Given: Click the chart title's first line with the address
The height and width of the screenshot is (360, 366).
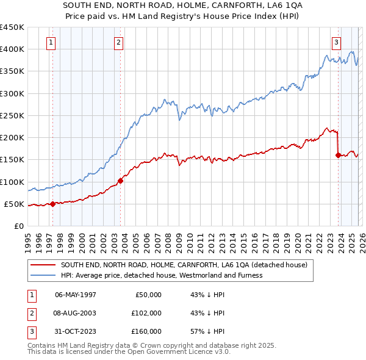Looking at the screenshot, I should (182, 4).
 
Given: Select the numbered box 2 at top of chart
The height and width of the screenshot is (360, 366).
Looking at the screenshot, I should (118, 42).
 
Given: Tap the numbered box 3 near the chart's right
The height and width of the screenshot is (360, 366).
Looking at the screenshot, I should (336, 42).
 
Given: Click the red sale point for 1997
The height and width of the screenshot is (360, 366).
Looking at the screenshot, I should (52, 204).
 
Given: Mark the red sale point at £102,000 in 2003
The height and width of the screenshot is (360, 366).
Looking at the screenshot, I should (120, 181).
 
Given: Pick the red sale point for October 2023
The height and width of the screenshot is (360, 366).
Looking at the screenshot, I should (338, 155).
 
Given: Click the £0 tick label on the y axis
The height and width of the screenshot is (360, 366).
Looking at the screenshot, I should (18, 226).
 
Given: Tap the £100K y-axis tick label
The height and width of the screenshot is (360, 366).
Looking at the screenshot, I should (12, 182).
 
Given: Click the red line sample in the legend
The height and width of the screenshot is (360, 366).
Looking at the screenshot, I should (42, 265).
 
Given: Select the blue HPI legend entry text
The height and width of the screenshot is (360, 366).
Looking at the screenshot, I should (161, 275).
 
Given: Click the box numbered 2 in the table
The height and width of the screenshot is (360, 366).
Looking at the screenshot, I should (30, 313).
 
